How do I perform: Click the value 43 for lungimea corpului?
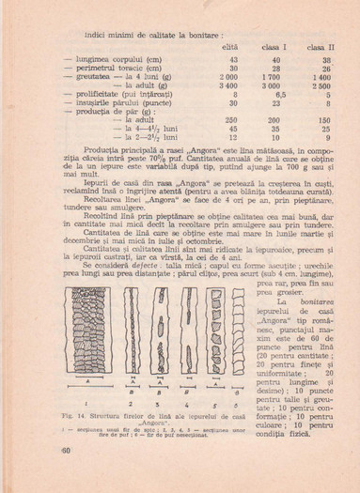233,59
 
